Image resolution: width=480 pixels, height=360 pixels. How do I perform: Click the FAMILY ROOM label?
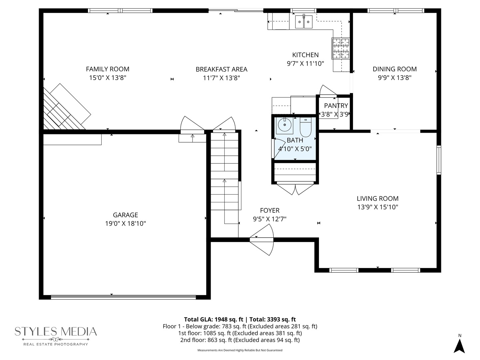click(x=107, y=69)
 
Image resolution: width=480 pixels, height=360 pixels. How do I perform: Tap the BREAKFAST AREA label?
click(x=221, y=69)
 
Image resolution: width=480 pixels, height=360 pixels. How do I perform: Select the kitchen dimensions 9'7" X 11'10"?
click(x=305, y=64)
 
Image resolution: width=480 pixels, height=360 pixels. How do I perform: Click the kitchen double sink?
click(x=304, y=22)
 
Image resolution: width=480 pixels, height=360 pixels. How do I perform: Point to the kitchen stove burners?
click(x=341, y=48)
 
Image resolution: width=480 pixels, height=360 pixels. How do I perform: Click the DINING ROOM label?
click(x=394, y=69)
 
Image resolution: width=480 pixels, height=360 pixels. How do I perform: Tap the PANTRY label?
click(x=336, y=106)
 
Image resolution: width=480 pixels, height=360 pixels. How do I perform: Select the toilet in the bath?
click(x=305, y=127)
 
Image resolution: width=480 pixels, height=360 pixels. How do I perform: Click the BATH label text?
click(x=295, y=140)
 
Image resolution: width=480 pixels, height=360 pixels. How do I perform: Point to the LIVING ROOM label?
click(x=377, y=198)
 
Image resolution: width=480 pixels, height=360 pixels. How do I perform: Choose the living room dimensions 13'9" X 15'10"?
click(x=377, y=207)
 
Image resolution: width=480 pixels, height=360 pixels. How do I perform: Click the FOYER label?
click(x=270, y=210)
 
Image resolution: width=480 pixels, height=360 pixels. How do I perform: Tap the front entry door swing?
click(x=263, y=239)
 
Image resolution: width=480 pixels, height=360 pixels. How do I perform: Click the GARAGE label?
click(x=125, y=215)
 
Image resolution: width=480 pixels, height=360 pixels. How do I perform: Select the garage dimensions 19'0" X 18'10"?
click(x=125, y=224)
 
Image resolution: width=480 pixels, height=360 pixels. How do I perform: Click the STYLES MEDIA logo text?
click(x=56, y=332)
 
